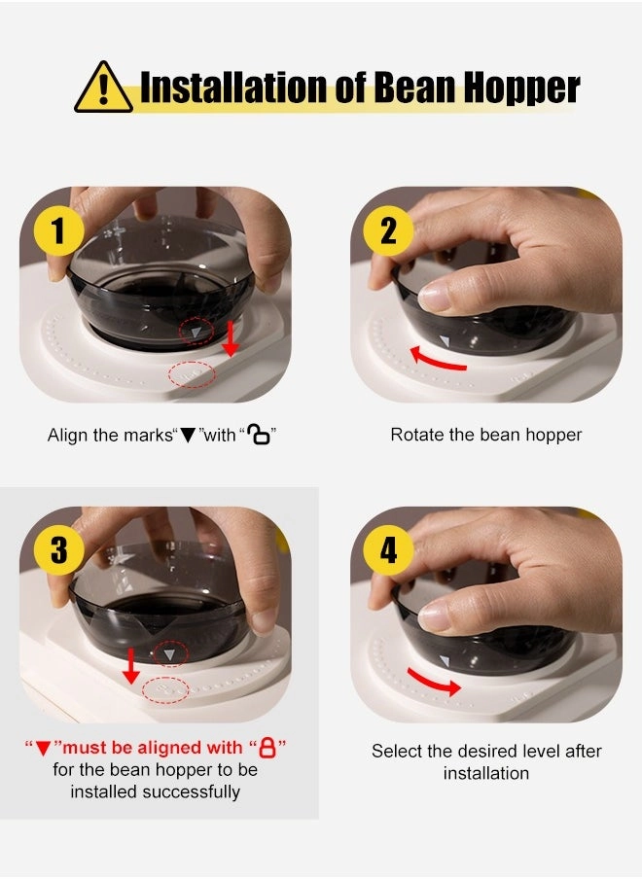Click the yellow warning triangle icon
[x=103, y=88]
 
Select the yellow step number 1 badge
[x=58, y=231]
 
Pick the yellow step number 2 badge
[x=388, y=231]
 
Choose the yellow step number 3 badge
[x=58, y=550]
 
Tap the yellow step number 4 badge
[x=388, y=550]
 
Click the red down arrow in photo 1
[x=230, y=338]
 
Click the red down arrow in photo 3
[x=130, y=666]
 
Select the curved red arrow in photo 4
[x=435, y=681]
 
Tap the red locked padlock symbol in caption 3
[x=268, y=748]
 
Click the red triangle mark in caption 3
[x=43, y=749]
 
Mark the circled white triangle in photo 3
[x=169, y=654]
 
